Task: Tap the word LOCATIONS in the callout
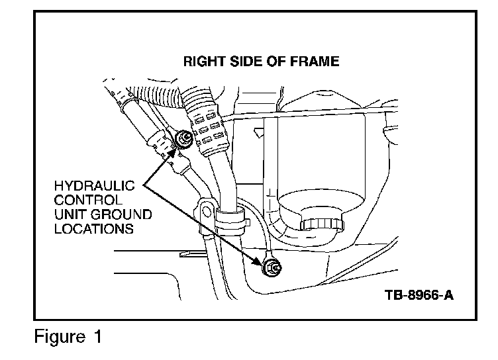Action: pyautogui.click(x=92, y=230)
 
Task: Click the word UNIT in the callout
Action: pyautogui.click(x=68, y=214)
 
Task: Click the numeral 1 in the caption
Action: pyautogui.click(x=97, y=337)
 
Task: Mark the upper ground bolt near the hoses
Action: pyautogui.click(x=185, y=138)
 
